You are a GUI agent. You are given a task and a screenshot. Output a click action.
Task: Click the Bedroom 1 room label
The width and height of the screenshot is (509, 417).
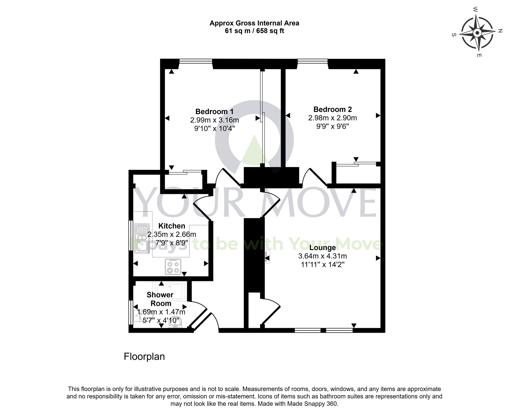click(214, 112)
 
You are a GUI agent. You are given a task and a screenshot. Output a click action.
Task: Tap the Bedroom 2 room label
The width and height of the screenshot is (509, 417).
click(332, 109)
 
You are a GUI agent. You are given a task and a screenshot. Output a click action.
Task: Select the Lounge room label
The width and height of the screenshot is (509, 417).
click(322, 247)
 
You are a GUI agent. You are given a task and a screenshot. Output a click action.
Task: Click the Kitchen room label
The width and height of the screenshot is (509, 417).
click(172, 226)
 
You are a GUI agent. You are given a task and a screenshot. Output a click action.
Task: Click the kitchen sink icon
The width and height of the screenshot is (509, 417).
click(142, 238)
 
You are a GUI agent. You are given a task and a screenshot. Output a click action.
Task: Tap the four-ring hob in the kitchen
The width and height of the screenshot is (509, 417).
click(173, 267)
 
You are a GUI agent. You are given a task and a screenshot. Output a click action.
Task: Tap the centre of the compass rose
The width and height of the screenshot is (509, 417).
click(477, 33)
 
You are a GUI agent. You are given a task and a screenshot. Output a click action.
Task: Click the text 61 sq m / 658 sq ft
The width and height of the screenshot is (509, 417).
click(254, 31)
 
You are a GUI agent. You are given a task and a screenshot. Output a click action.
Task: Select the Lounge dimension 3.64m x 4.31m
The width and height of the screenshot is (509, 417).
click(322, 256)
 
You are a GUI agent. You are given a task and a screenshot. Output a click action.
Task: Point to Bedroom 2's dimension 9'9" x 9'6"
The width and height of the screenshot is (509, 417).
click(332, 126)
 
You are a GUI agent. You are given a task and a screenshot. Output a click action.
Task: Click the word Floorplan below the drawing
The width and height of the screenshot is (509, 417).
click(144, 356)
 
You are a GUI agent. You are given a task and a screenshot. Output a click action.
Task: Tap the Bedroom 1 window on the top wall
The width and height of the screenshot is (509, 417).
click(196, 61)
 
